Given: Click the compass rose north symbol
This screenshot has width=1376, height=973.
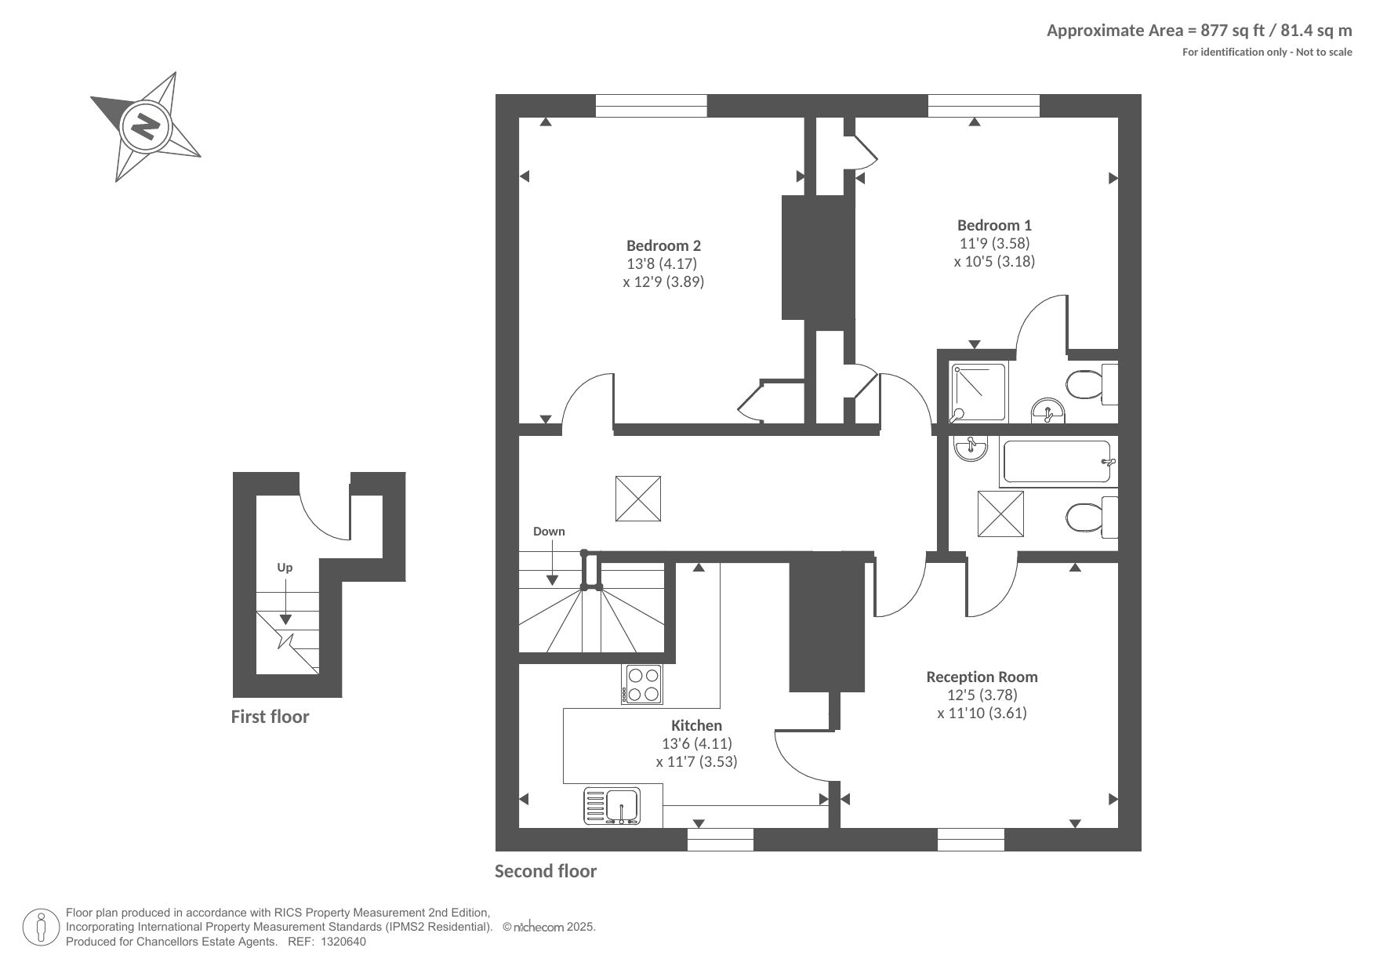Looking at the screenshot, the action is pos(146,126).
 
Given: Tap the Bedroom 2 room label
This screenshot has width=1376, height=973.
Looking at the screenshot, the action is pos(663,245).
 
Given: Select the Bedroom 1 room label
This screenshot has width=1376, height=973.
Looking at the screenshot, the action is pos(994,225).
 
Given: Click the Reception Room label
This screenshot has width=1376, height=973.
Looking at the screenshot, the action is pos(982,677).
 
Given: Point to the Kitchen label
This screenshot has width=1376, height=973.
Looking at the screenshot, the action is pos(696,725).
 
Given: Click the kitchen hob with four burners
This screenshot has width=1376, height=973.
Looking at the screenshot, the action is pos(642,684).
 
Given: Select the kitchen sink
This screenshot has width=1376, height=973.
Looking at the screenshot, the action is pos(612,806).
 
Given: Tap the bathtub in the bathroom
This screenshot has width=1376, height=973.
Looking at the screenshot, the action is pos(1058,463).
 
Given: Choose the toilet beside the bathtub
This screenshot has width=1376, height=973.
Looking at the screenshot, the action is pos(1091,517).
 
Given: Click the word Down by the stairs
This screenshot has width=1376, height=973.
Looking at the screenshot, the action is pos(549,532).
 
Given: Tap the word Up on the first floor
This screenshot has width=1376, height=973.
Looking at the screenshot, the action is pos(285,568).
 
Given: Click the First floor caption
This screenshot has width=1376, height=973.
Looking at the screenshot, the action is pos(270,717).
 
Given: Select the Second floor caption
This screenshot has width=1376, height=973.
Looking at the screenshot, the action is pos(546,871).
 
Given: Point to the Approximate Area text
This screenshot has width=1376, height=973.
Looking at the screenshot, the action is pos(1200,31).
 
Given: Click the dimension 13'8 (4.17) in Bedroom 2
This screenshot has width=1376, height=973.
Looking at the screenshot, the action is pos(662,263).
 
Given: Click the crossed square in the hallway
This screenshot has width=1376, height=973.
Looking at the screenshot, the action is pos(638,499).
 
